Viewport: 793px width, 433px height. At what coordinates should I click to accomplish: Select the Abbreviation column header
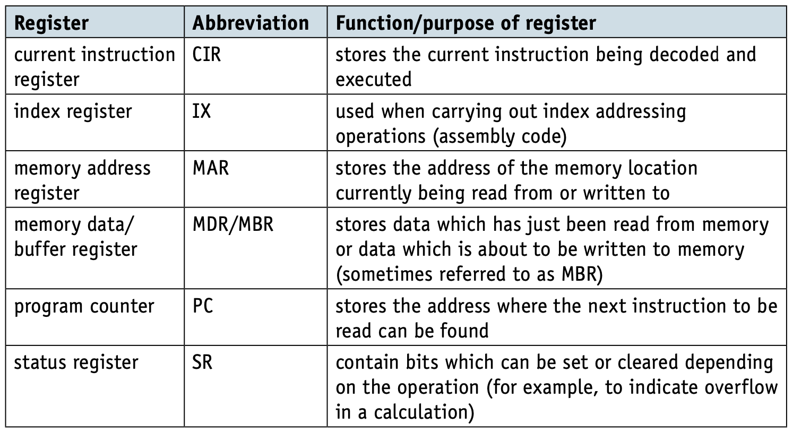tap(251, 23)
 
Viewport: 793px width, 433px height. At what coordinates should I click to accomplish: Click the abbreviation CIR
tap(206, 55)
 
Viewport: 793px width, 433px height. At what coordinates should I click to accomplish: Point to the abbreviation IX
tap(202, 111)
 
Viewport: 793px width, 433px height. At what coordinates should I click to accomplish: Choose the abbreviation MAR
tap(211, 168)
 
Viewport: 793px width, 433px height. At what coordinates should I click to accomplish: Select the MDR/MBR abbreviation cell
tap(233, 225)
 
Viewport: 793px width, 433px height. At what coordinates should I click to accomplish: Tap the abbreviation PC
tap(203, 306)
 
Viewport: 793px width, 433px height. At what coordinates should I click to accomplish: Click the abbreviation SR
tap(202, 362)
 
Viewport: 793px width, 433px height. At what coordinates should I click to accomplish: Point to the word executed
tap(374, 79)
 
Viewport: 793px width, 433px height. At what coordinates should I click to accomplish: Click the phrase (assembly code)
tap(500, 137)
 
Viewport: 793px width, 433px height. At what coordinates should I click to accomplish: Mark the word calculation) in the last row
tap(424, 413)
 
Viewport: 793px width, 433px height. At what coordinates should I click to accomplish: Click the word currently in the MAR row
tap(373, 194)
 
